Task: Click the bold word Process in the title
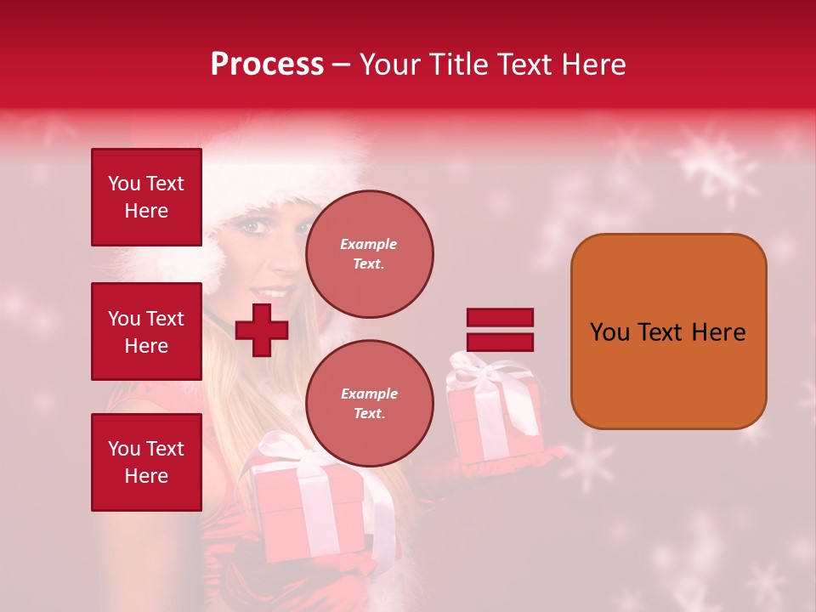coord(267,65)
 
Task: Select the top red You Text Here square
coord(146,197)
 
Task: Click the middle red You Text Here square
coord(146,331)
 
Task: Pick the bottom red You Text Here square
coord(146,462)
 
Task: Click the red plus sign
coord(261,330)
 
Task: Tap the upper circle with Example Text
coord(369,254)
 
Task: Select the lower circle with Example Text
coord(369,404)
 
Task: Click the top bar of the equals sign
coord(500,318)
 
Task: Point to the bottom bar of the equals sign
coord(500,342)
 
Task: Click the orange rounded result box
coord(668,331)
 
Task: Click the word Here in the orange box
coord(718,332)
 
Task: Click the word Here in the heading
coord(594,65)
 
